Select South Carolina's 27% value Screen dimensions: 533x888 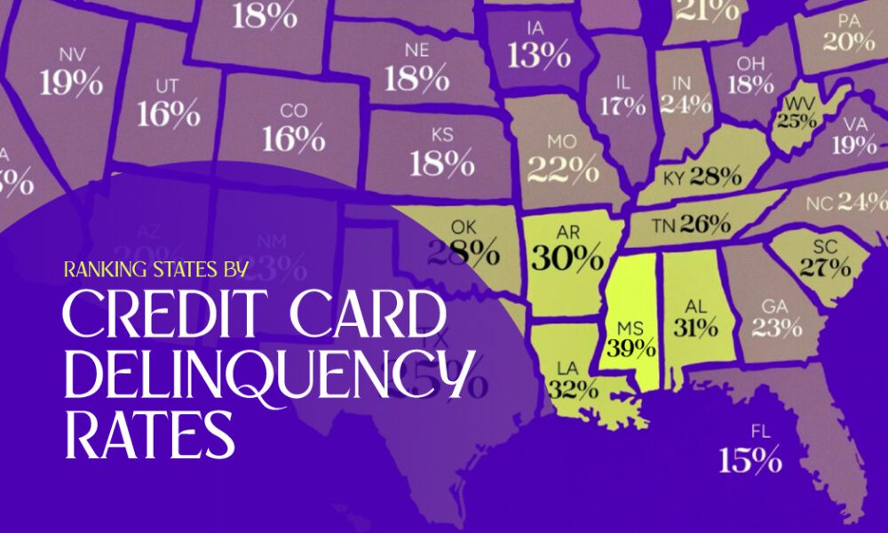pos(821,266)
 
